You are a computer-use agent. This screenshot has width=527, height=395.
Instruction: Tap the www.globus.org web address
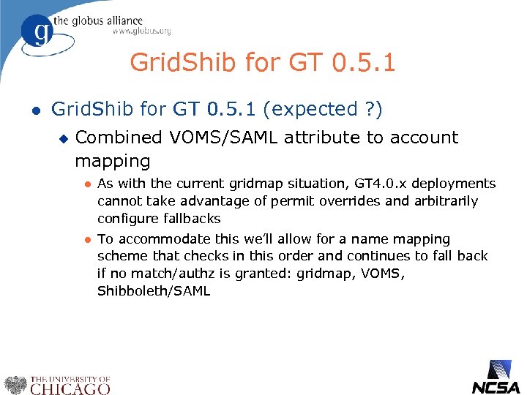(x=141, y=31)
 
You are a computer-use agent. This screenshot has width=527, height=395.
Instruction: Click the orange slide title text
(x=263, y=62)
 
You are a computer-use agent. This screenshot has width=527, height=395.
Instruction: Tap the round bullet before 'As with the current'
(x=86, y=184)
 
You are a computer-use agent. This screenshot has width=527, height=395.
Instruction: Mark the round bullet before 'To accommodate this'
(x=86, y=240)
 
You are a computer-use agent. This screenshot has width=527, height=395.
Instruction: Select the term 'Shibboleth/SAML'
(x=154, y=292)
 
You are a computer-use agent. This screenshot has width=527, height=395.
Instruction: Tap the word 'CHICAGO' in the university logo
(x=70, y=388)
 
